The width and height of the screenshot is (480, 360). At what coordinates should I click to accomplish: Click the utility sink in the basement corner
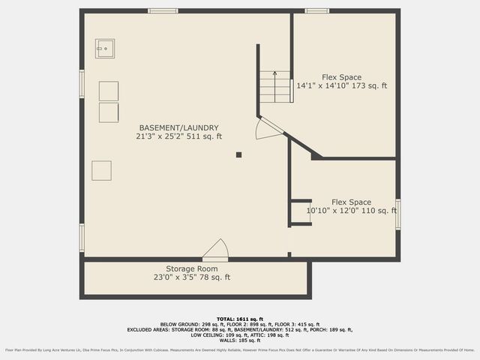click(104, 49)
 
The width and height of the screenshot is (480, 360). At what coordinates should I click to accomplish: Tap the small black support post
click(238, 155)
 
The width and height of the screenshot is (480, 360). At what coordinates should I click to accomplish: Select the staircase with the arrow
click(275, 86)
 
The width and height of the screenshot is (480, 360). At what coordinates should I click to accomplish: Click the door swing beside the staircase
click(266, 128)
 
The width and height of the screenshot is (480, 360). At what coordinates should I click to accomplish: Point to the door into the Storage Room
click(216, 250)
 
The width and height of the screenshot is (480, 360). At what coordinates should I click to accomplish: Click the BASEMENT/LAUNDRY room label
click(178, 127)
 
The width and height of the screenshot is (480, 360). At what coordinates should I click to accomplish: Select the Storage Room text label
click(191, 268)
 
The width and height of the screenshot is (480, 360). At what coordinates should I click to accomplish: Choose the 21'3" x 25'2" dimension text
click(178, 136)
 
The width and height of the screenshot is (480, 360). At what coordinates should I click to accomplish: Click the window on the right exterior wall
click(397, 212)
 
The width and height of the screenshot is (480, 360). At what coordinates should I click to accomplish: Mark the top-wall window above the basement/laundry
click(163, 10)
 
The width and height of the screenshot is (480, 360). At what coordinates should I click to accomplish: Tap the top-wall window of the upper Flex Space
click(316, 10)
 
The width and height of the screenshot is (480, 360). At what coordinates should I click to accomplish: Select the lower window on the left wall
click(82, 237)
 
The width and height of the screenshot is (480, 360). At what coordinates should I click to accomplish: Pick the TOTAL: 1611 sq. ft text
click(240, 319)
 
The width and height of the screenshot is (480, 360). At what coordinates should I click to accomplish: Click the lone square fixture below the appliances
click(101, 170)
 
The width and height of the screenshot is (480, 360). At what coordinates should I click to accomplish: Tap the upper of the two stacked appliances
click(109, 91)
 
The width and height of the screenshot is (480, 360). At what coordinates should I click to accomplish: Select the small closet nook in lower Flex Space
click(301, 212)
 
